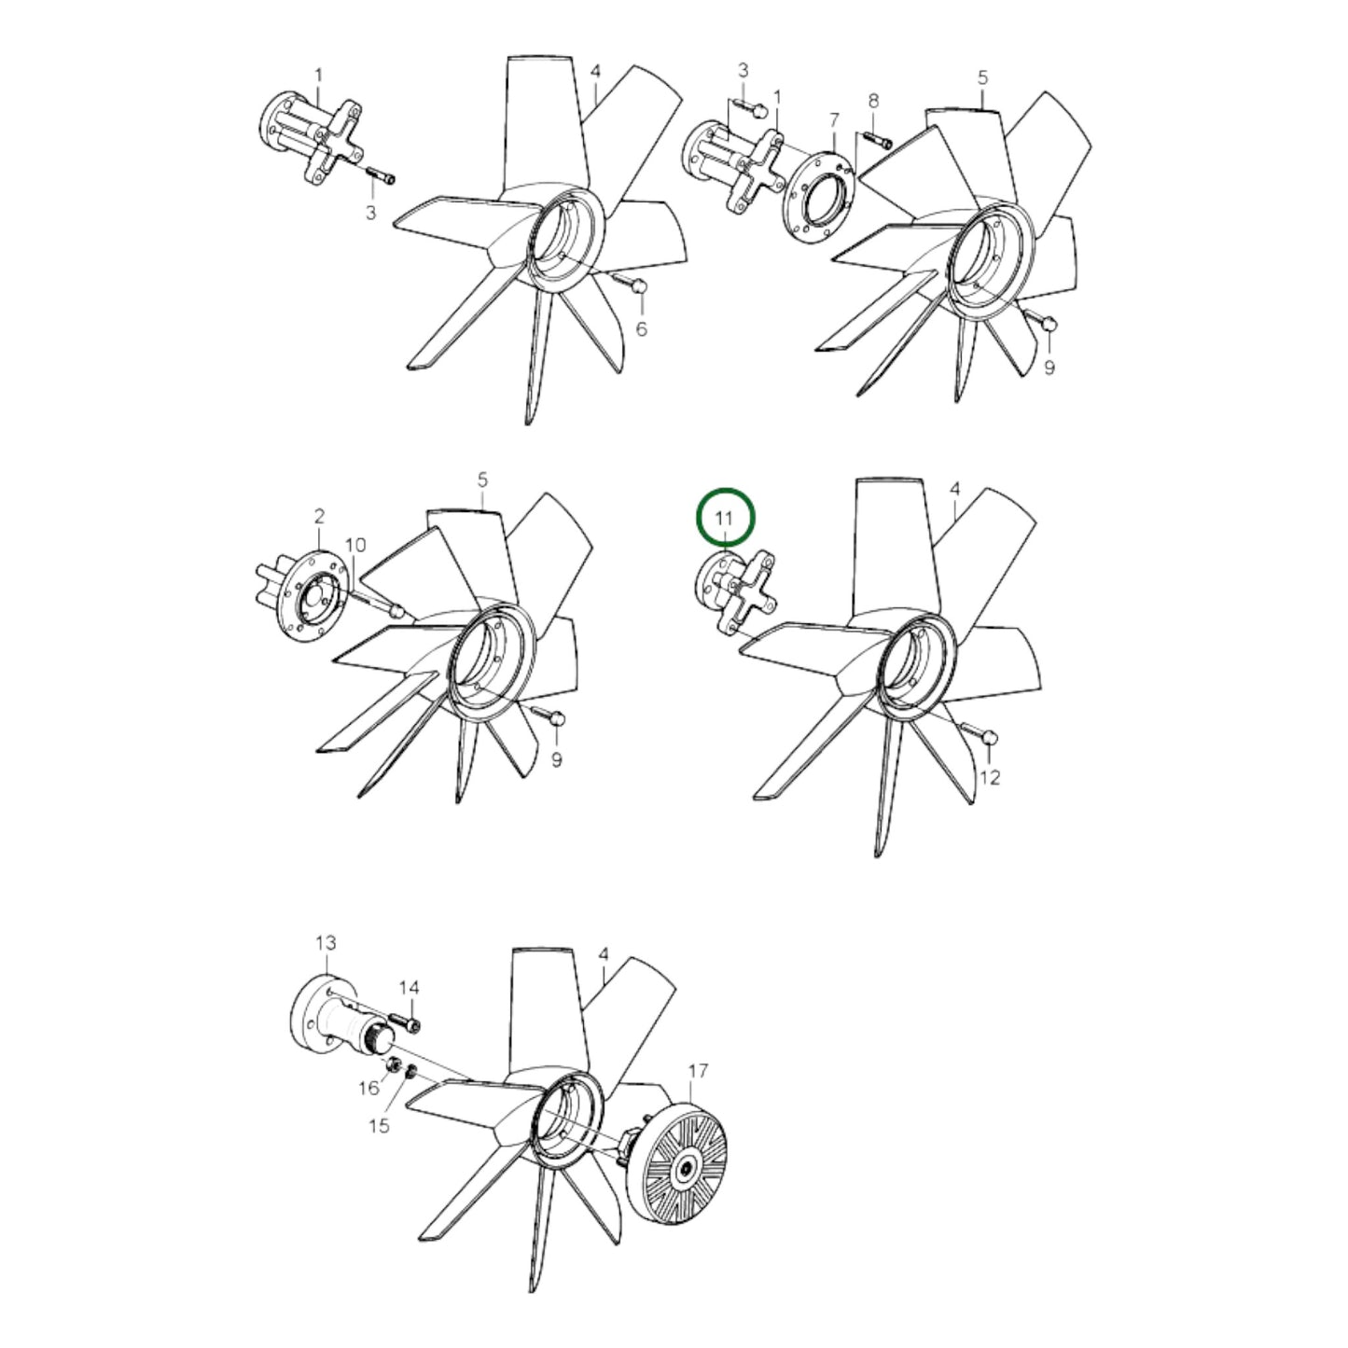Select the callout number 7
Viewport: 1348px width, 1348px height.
coord(834,118)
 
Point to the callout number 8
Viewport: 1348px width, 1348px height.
coord(873,100)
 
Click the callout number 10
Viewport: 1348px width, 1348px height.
coord(356,544)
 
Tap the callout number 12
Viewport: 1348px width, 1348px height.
coord(990,777)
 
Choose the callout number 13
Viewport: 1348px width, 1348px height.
coord(325,944)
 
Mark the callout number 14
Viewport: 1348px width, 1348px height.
coord(410,987)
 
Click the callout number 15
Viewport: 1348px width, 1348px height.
coord(378,1126)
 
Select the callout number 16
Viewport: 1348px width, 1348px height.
coord(369,1088)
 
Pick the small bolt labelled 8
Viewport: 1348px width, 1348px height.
coord(878,141)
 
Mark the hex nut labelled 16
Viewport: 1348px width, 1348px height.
coord(394,1064)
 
